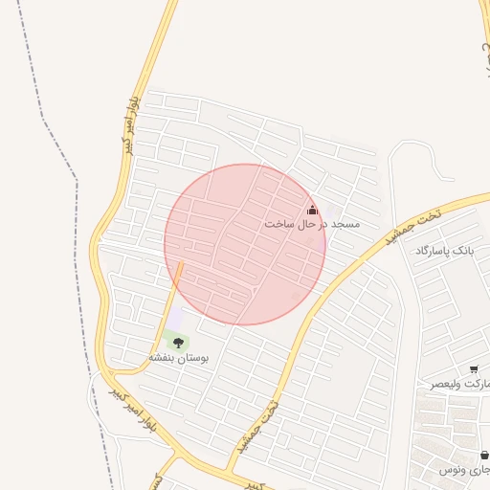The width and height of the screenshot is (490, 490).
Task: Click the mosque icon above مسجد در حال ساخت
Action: (311, 211)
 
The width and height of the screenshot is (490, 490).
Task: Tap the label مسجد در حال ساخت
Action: (312, 224)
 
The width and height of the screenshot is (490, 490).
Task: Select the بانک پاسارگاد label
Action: (445, 251)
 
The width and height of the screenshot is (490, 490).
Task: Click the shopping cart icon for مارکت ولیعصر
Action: (474, 369)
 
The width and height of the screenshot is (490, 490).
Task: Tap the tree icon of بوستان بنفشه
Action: (178, 343)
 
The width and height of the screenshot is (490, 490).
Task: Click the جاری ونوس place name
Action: (465, 470)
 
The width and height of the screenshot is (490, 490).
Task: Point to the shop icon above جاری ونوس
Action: (484, 456)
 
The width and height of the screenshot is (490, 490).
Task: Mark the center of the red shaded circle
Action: (245, 244)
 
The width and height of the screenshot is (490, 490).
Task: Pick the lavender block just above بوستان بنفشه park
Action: (175, 319)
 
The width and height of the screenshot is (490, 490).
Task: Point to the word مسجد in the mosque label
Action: (345, 224)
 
